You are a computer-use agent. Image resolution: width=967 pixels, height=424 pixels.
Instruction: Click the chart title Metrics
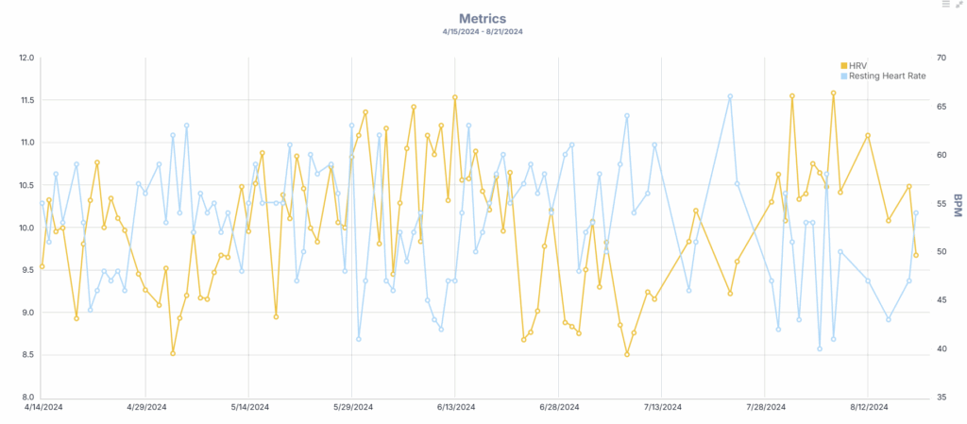483,18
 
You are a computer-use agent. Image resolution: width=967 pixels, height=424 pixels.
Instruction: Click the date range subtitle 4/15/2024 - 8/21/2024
483,32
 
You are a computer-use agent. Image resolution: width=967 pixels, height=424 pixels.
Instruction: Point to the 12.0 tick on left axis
25,58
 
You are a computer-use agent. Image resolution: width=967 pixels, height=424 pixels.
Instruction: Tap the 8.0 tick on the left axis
27,398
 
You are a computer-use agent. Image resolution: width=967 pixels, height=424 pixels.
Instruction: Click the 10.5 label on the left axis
25,185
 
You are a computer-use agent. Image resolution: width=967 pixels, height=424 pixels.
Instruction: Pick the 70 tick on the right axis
942,58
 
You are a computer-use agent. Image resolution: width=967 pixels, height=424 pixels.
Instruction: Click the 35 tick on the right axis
942,398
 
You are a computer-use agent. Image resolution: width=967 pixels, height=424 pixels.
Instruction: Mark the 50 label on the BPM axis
942,252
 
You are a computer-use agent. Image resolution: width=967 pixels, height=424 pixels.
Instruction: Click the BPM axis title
958,204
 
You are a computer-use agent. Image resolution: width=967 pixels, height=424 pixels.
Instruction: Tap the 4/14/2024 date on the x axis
42,408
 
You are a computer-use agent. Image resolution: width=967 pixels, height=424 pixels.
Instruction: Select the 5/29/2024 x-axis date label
352,408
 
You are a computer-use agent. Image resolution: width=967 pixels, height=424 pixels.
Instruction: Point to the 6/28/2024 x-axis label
559,408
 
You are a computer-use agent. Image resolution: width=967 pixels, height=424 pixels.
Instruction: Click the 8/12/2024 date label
869,408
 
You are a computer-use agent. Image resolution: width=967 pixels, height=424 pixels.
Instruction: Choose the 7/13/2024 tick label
662,408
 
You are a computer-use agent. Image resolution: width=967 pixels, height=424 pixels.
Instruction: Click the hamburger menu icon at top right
946,5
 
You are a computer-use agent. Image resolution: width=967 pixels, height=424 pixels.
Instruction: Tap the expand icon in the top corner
959,5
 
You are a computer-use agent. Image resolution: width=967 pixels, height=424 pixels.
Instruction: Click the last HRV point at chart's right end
916,255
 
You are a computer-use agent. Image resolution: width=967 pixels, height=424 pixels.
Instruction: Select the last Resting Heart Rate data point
916,212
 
